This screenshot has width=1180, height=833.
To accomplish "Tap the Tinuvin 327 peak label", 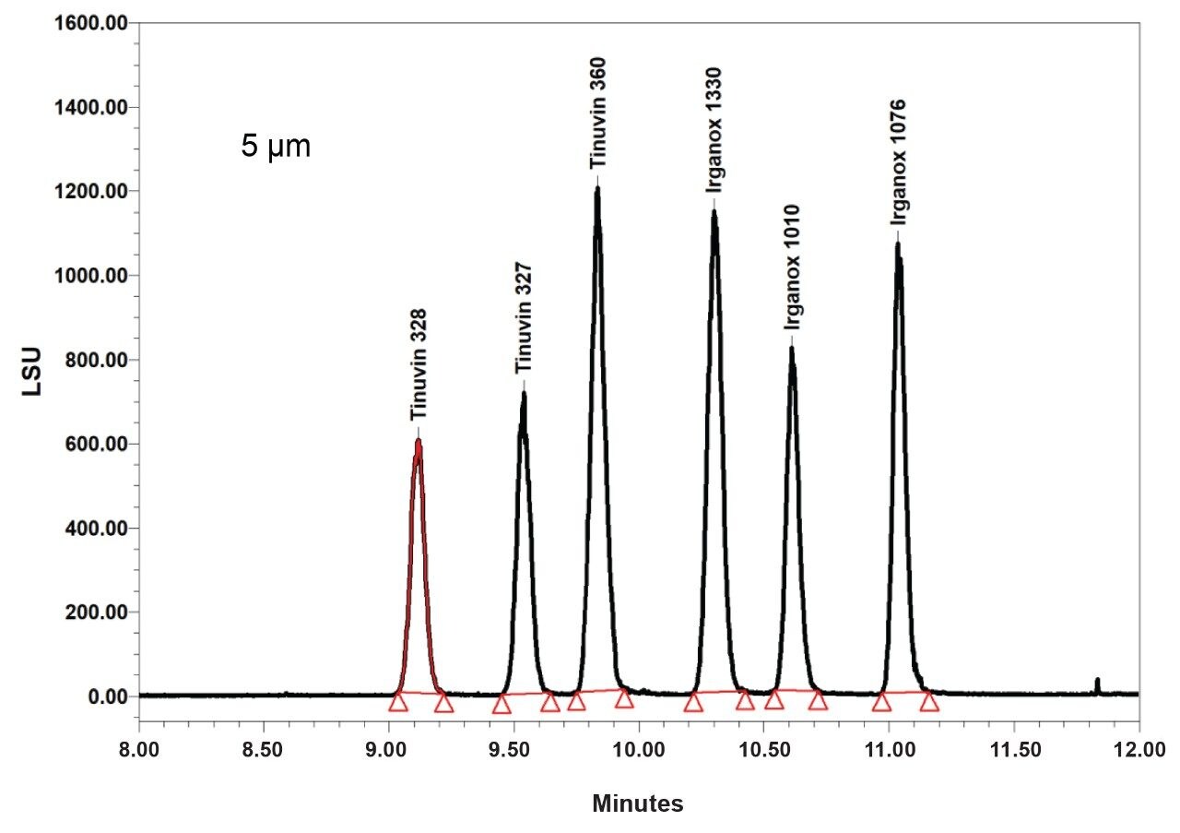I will (x=523, y=318).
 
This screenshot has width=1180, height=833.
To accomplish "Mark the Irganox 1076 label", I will (x=898, y=161).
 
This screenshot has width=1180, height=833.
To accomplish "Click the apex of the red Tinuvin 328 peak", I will (x=418, y=442).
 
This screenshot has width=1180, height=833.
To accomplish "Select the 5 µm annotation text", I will (x=276, y=147).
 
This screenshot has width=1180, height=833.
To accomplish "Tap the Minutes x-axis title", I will (x=638, y=804).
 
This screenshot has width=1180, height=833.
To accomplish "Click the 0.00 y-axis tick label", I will (x=106, y=696).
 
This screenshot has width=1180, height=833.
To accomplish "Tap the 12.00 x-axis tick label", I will (x=1139, y=744).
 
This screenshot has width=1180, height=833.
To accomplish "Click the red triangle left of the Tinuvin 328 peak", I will (x=398, y=703).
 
